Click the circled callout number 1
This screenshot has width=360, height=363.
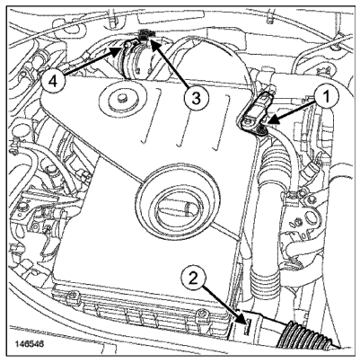(326, 97)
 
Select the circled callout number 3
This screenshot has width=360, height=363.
(196, 99)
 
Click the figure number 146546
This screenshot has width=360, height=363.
(30, 344)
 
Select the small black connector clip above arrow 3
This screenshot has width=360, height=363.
(145, 33)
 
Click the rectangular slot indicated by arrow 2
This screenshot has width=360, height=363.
(248, 327)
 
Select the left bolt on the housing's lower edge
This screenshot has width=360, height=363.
(73, 296)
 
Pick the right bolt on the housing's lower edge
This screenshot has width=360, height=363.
(204, 314)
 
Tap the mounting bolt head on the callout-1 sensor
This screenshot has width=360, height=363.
(249, 121)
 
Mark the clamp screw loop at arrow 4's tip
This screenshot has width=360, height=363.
(127, 45)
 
